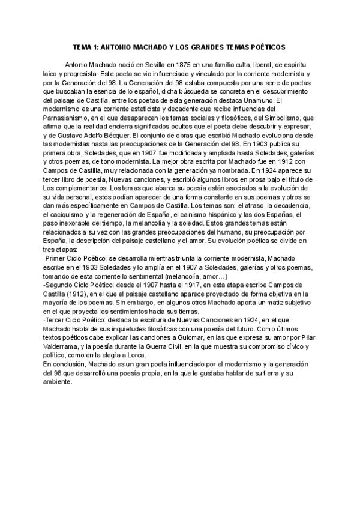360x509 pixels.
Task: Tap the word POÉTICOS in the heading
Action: coord(266,46)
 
